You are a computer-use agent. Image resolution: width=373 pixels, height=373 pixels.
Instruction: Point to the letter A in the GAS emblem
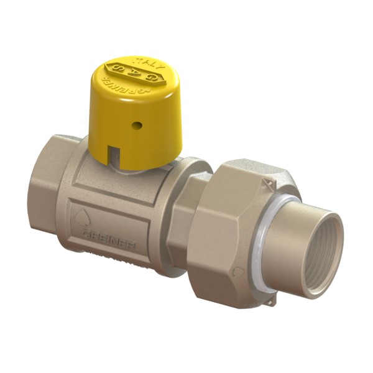click(x=133, y=73)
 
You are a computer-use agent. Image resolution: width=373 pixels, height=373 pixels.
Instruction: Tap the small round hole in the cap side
click(x=139, y=126)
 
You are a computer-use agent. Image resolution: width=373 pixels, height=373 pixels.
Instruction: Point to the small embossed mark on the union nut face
click(x=237, y=272)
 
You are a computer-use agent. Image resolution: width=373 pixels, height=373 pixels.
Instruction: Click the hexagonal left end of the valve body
click(x=47, y=196)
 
